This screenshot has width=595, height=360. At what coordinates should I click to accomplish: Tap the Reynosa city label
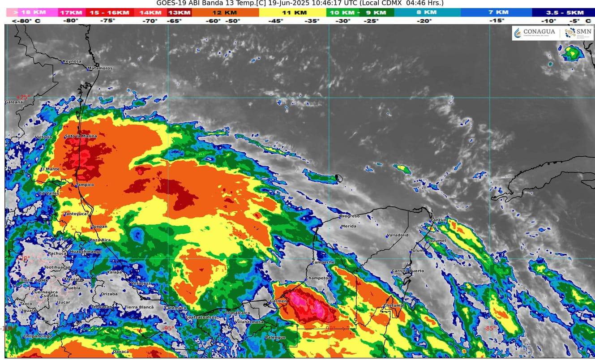pos(72,61)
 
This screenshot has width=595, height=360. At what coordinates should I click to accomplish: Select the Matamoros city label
pos(100,68)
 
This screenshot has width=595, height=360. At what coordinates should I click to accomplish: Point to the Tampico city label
pos(85,184)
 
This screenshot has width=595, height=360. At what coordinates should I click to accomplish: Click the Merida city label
pos(349,226)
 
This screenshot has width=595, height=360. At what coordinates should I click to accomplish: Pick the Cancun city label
pos(439,220)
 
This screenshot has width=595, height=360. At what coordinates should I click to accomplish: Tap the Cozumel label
pos(437,240)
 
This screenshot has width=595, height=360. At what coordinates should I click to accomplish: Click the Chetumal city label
pos(394,305)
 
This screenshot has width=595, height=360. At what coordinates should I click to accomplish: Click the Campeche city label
pos(323,262)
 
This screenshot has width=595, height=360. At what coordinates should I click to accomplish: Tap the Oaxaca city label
pos(120,351)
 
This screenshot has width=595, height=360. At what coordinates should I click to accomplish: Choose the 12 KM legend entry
pos(225,13)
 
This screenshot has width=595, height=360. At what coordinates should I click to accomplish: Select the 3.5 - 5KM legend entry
pos(562,13)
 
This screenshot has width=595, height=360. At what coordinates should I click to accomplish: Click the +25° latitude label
pos(22,97)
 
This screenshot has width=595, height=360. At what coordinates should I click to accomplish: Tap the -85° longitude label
pos(489,328)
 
